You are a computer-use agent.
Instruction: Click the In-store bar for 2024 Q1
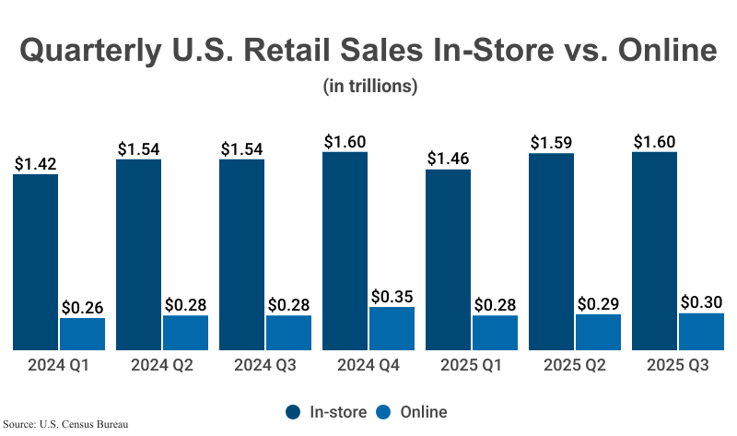(36, 262)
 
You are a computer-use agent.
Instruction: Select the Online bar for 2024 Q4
(392, 328)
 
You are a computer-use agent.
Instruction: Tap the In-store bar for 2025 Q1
(449, 259)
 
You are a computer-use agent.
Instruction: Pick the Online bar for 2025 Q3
(701, 331)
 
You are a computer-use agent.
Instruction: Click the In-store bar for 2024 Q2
(139, 254)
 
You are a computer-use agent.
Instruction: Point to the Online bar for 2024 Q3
(288, 332)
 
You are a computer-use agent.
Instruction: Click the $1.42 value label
(36, 164)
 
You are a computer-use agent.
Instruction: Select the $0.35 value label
(392, 297)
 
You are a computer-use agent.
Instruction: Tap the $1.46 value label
(449, 159)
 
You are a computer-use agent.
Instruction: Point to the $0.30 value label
(701, 302)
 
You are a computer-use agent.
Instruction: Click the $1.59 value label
(552, 143)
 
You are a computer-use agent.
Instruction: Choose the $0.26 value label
(82, 307)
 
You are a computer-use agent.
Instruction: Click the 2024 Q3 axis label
(265, 366)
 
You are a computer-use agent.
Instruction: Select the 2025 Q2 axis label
(575, 366)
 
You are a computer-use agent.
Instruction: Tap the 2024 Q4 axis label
(368, 366)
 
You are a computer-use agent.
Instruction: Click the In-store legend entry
(326, 412)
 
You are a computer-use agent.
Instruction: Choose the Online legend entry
(414, 412)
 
